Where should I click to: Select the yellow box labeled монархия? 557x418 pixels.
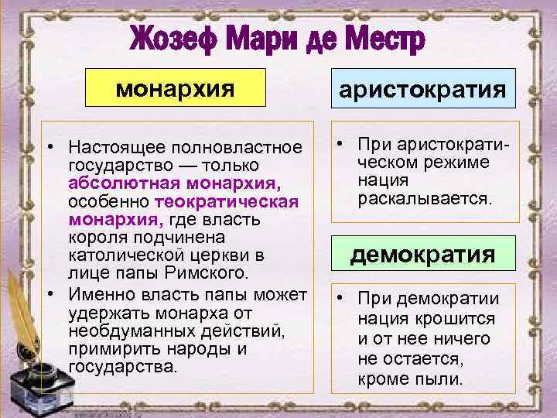pyautogui.click(x=175, y=87)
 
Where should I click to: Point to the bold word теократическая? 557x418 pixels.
pyautogui.click(x=227, y=202)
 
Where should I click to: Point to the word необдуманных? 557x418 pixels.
pyautogui.click(x=122, y=331)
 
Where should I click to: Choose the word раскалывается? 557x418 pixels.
pyautogui.click(x=425, y=199)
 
